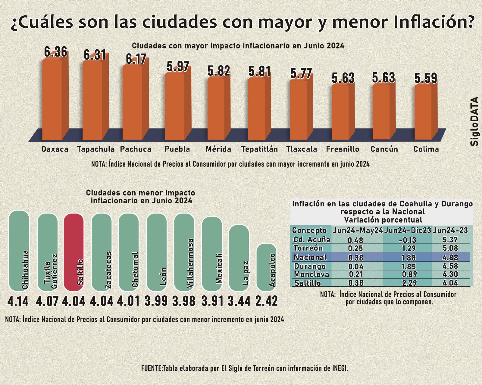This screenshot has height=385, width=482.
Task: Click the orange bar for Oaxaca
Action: [x=52, y=99]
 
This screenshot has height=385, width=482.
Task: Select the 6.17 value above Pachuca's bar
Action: [x=136, y=59]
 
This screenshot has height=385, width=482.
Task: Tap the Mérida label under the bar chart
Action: [x=218, y=149]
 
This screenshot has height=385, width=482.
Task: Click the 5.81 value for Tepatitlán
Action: [x=259, y=72]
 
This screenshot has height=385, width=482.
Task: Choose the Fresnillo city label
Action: [x=343, y=149]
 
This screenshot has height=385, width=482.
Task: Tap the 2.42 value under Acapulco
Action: [x=266, y=301]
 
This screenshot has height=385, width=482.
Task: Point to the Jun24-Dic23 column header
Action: [x=408, y=230]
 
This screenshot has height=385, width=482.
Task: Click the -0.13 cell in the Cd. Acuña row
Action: [x=407, y=240]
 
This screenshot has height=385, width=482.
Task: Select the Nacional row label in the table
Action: [x=310, y=257]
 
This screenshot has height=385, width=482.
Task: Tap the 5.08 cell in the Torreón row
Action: [x=450, y=248]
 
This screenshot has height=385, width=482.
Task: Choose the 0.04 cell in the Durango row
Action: [x=356, y=266]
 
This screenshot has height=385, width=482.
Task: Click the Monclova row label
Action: [x=311, y=274]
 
